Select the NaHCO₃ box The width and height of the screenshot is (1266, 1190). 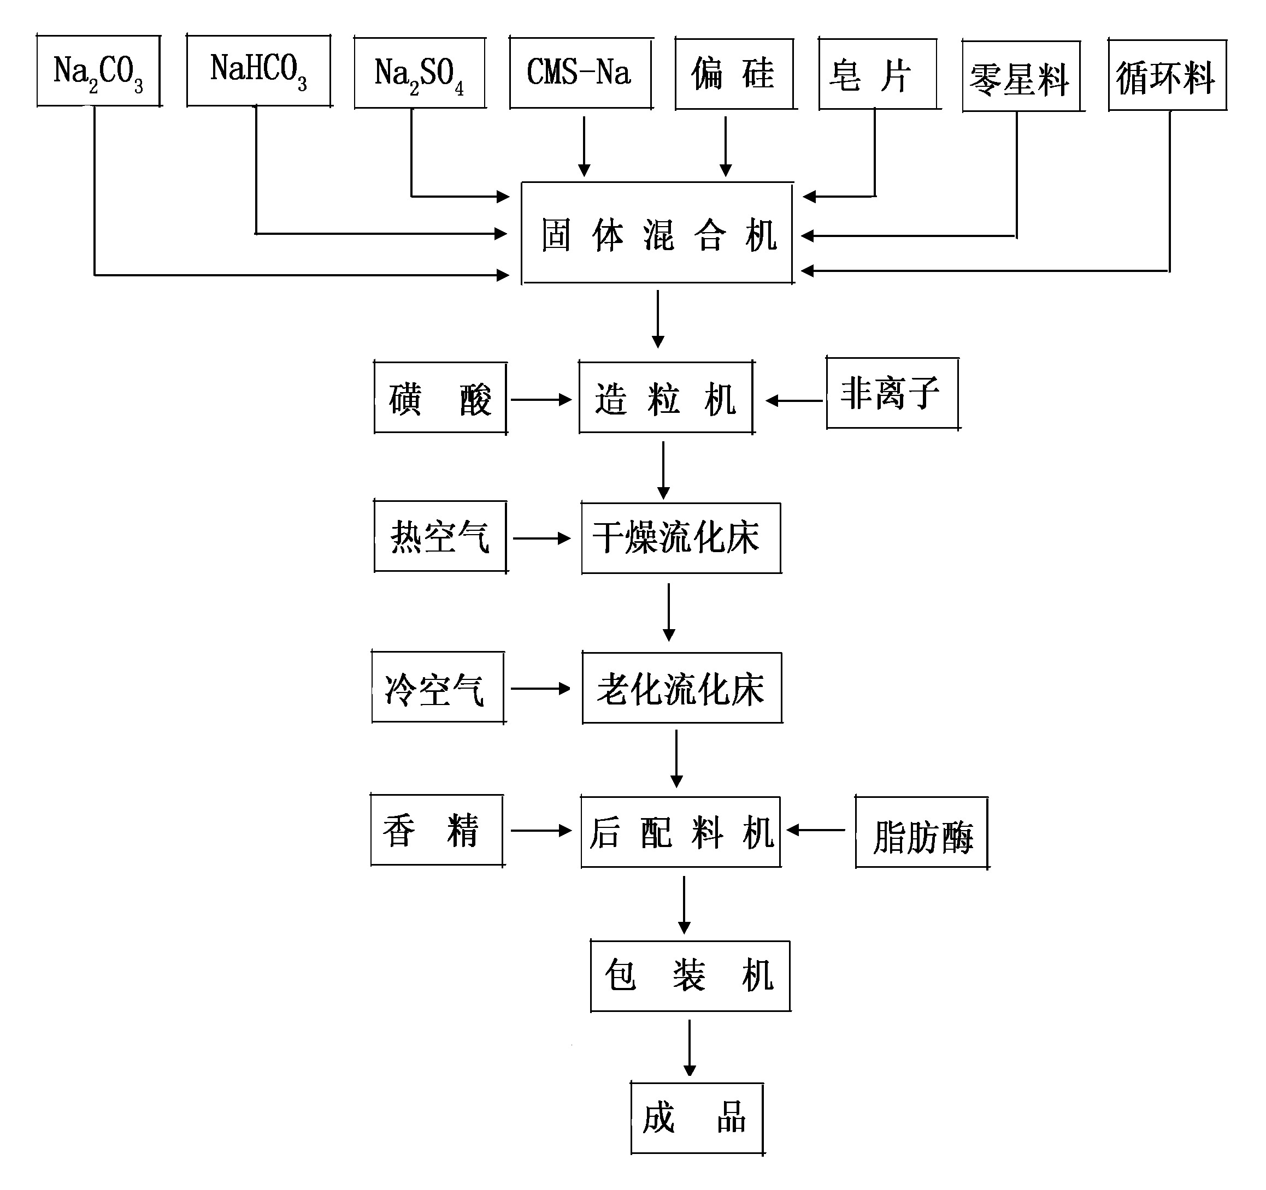[x=258, y=70]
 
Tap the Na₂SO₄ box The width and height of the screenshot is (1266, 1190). [x=420, y=73]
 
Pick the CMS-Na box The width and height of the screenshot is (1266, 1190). [x=581, y=73]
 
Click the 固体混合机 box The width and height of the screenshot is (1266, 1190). [x=657, y=233]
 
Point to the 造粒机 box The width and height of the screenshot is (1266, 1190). [x=666, y=398]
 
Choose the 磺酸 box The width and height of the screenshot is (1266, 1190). [x=440, y=398]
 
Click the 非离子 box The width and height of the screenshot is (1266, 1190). [x=893, y=393]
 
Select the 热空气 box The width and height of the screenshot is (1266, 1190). [x=440, y=536]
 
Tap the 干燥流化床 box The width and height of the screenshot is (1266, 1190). [x=681, y=538]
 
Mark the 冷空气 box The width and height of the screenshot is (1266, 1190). [x=438, y=687]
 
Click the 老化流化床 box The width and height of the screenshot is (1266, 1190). [x=682, y=688]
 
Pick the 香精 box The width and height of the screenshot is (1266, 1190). [x=437, y=830]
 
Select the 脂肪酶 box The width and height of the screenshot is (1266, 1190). [x=921, y=832]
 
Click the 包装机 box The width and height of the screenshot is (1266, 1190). [x=690, y=976]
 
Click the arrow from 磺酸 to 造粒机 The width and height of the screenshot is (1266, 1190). [x=541, y=400]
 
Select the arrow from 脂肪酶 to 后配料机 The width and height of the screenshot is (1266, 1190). [x=816, y=830]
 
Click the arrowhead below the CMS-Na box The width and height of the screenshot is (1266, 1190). [x=584, y=170]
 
